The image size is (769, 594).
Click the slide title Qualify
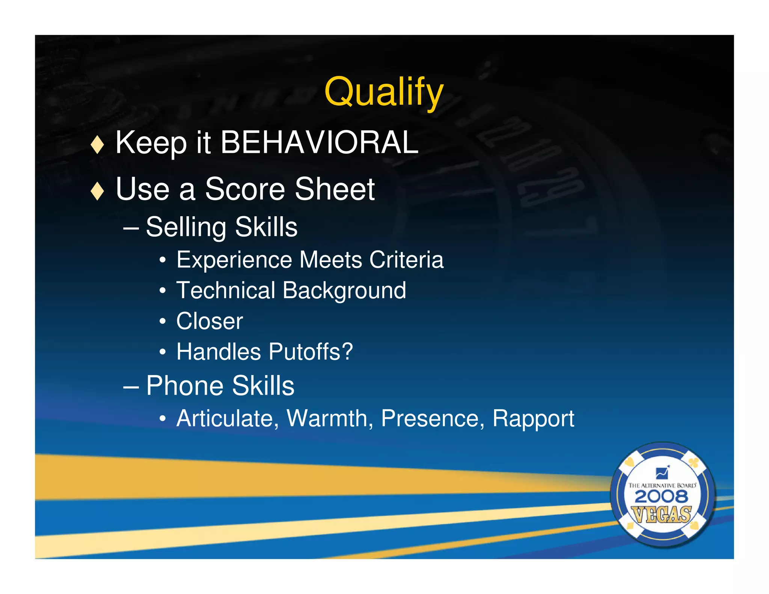coord(384,92)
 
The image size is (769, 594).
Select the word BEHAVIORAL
coord(319,143)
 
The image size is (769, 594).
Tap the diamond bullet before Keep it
coord(97,145)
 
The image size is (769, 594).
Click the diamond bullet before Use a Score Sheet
coord(97,191)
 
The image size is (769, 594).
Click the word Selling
coord(186,228)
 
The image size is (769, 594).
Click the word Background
coord(344,291)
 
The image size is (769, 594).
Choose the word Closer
coord(210,321)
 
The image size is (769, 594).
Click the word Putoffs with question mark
coord(311,352)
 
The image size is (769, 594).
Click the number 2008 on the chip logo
coord(662,497)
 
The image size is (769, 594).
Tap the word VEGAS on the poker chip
coord(662,514)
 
